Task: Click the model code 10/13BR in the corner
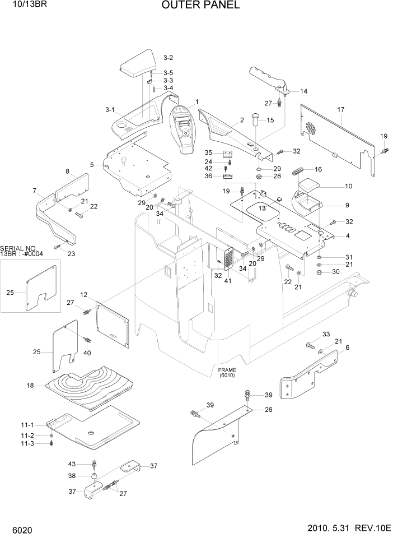coord(19,5)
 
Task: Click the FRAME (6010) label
coord(227,372)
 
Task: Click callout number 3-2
coord(168,58)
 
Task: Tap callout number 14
coord(303,91)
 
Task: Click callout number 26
coord(268,409)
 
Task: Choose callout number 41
coord(227,280)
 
